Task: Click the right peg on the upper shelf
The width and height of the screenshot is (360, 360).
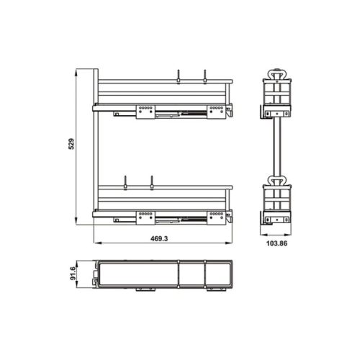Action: click(x=205, y=76)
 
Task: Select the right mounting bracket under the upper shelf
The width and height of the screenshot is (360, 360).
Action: click(x=215, y=111)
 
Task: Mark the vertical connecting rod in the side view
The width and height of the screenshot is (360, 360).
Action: click(x=276, y=148)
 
